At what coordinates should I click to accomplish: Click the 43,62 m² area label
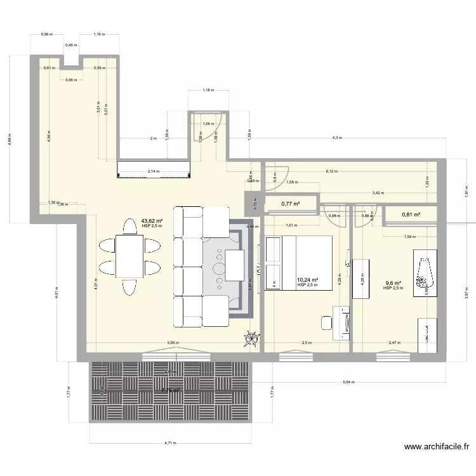coord(152,221)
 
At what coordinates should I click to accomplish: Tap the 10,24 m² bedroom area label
coord(307,280)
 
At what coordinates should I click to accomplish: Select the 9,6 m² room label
coord(393,284)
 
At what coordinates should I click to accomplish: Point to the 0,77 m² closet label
coord(291,204)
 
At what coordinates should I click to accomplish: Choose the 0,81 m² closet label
coord(411,215)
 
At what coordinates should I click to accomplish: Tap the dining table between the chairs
coord(129,256)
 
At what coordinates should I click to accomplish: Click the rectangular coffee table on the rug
coord(234,265)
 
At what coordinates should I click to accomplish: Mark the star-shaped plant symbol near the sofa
coord(253,340)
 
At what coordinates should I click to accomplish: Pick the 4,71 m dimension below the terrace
coord(169,444)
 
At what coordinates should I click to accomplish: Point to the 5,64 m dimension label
coord(348,382)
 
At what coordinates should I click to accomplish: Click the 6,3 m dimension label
coord(336,138)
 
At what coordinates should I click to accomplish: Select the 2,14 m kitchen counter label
coord(153,171)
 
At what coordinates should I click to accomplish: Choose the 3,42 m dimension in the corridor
coord(377,192)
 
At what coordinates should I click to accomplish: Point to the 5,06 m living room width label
coord(173,343)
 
